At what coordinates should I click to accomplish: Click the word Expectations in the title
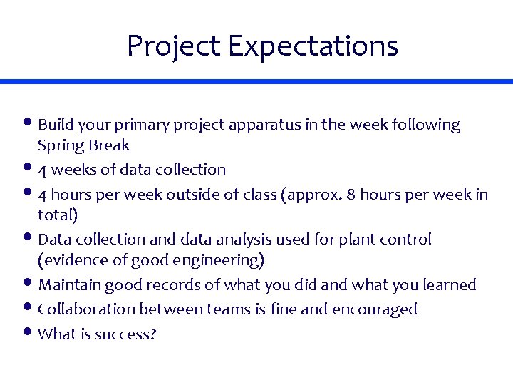coord(313,46)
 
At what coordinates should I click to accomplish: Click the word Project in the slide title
coord(174,46)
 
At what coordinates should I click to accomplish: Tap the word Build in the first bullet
coord(53,125)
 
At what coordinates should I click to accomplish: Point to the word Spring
coord(61,146)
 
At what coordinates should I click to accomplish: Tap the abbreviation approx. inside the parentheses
coord(309,195)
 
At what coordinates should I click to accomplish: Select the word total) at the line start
coord(58,215)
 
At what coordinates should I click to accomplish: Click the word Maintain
coord(69,285)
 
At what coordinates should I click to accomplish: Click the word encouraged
coord(380,309)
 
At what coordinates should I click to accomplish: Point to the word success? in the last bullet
coord(128,333)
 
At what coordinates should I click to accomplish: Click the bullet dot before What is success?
coord(31,332)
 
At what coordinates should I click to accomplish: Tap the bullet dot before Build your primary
coord(31,124)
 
